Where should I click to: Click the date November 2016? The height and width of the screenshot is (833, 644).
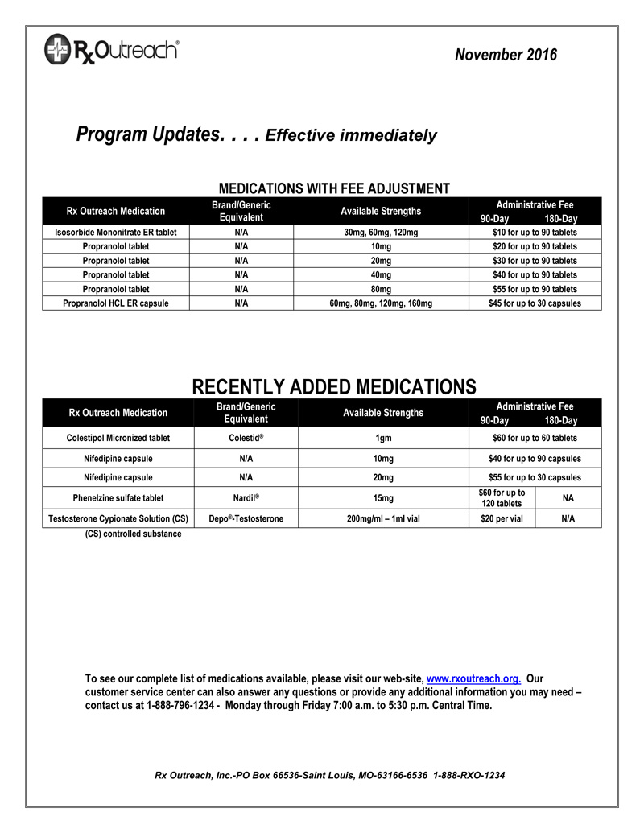505,55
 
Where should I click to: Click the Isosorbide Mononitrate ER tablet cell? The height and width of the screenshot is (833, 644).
116,233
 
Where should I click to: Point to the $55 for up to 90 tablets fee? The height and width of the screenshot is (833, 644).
535,289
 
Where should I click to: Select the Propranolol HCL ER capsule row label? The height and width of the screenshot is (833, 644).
116,303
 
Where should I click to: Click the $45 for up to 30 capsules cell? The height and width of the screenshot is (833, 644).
535,303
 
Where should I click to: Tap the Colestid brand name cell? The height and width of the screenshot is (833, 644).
246,438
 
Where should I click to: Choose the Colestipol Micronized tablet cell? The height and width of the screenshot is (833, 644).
118,438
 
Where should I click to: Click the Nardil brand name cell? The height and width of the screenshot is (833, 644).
246,498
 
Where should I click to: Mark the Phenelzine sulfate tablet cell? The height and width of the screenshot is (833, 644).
118,498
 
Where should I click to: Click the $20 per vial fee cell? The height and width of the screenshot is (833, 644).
502,519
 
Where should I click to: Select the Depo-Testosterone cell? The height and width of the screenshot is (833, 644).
246,519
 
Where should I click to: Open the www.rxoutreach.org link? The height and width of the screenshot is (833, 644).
473,678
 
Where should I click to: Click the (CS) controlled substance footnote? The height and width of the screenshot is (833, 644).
133,534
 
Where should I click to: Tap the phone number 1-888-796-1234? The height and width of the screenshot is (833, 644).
180,706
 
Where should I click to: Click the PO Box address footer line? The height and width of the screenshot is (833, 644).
329,775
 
